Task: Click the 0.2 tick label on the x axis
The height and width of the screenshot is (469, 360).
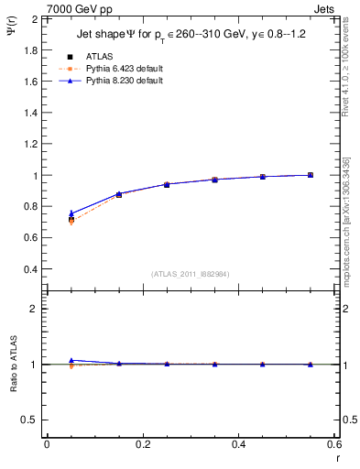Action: click(x=143, y=444)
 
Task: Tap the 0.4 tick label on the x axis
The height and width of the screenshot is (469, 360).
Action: click(x=239, y=444)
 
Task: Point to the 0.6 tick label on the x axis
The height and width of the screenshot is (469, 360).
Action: click(x=334, y=444)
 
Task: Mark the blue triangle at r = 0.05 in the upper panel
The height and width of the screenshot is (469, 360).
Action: click(x=71, y=213)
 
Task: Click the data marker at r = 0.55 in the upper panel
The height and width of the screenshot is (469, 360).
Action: click(x=311, y=175)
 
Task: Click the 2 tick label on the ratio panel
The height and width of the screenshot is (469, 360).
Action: click(x=34, y=309)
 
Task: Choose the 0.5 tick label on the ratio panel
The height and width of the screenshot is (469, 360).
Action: click(x=30, y=420)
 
